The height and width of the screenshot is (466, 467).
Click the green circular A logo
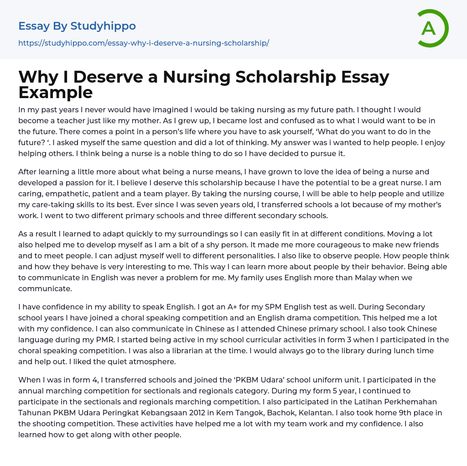(x=432, y=28)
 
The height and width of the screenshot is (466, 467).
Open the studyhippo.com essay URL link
(x=144, y=43)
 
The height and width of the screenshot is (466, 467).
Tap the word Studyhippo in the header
(x=103, y=26)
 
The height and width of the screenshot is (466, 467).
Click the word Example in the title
(x=56, y=92)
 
